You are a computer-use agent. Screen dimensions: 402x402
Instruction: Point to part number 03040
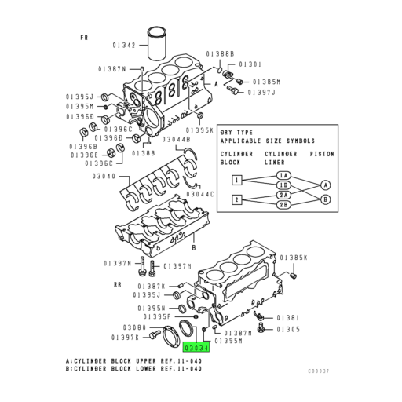coord(104,177)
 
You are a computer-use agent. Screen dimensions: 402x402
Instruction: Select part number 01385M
coord(267,82)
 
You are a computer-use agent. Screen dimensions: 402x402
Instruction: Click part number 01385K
coord(294,258)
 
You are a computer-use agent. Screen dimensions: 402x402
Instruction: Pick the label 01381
coord(287,318)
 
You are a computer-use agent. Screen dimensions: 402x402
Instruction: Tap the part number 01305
coord(287,329)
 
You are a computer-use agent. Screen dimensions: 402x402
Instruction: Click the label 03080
coord(134,327)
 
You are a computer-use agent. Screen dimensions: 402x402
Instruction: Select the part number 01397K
coord(126,337)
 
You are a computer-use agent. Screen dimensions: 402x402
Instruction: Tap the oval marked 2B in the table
coord(283,205)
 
